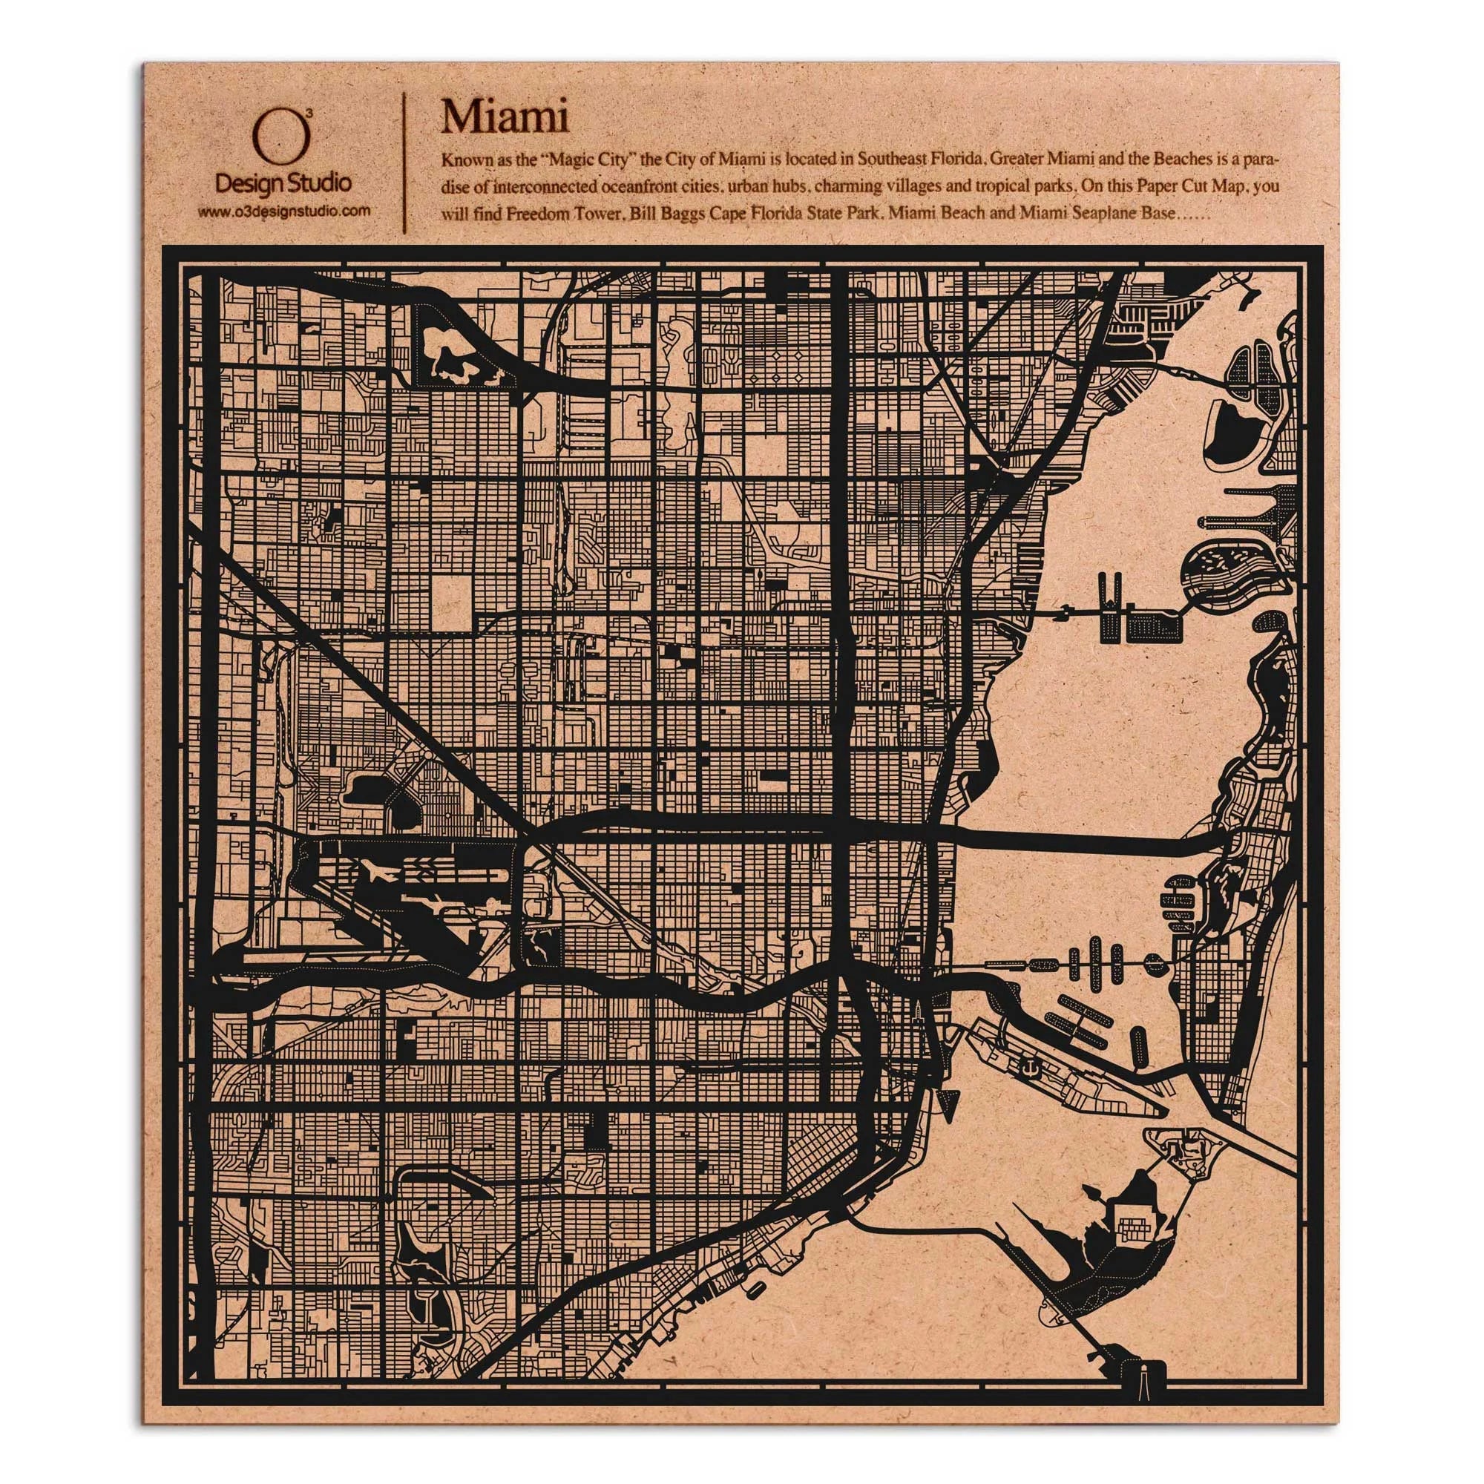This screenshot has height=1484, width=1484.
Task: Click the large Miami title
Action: [504, 118]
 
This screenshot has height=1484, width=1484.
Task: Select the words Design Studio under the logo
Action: [284, 183]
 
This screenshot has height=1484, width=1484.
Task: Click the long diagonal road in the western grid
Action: [369, 676]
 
